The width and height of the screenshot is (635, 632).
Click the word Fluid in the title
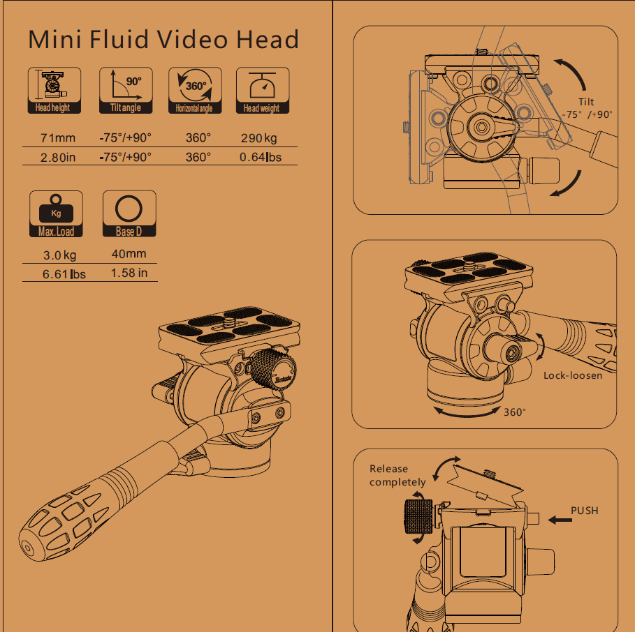118,40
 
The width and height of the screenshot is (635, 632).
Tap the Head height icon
54,90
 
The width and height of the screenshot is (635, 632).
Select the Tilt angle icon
126,90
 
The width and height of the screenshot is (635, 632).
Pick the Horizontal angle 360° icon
195,90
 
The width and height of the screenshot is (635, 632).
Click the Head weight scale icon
263,90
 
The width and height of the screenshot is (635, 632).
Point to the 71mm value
58,138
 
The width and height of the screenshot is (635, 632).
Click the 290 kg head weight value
259,138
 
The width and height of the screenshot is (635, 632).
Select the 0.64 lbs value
261,157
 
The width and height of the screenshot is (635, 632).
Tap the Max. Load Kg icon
56,213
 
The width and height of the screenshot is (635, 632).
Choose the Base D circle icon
129,213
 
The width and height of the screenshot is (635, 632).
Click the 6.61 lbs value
64,274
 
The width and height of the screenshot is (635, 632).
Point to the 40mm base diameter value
129,254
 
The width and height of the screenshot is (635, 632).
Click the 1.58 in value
129,273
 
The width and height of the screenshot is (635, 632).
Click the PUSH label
585,511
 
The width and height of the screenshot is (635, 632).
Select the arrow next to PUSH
560,520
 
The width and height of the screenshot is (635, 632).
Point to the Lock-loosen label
573,375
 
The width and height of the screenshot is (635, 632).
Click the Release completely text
397,476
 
